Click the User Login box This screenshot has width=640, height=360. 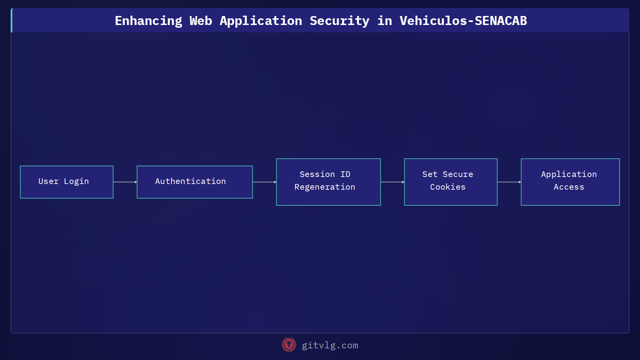point(67,182)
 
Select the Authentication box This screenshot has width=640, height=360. point(195,182)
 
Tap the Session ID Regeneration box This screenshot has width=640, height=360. point(328,182)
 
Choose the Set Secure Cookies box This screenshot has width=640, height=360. point(451,182)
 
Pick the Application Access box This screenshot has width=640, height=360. point(570,182)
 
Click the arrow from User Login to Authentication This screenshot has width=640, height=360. point(125,182)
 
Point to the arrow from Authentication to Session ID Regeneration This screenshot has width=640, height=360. point(264,182)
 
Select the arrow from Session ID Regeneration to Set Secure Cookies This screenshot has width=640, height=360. point(392,182)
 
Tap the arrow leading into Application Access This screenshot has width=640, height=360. point(509,182)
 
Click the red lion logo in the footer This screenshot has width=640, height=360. point(289,345)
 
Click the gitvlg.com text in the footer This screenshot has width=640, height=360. point(330,345)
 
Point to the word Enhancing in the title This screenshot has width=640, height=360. point(148,21)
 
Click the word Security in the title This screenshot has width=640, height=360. point(339,21)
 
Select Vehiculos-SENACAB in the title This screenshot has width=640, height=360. point(463,21)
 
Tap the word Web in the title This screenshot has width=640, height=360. point(201,21)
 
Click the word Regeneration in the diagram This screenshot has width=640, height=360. point(325,187)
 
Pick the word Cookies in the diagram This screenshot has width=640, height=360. point(448,187)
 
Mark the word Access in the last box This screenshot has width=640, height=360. point(569,187)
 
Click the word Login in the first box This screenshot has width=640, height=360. point(76,182)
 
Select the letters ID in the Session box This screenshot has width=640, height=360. point(345,174)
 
